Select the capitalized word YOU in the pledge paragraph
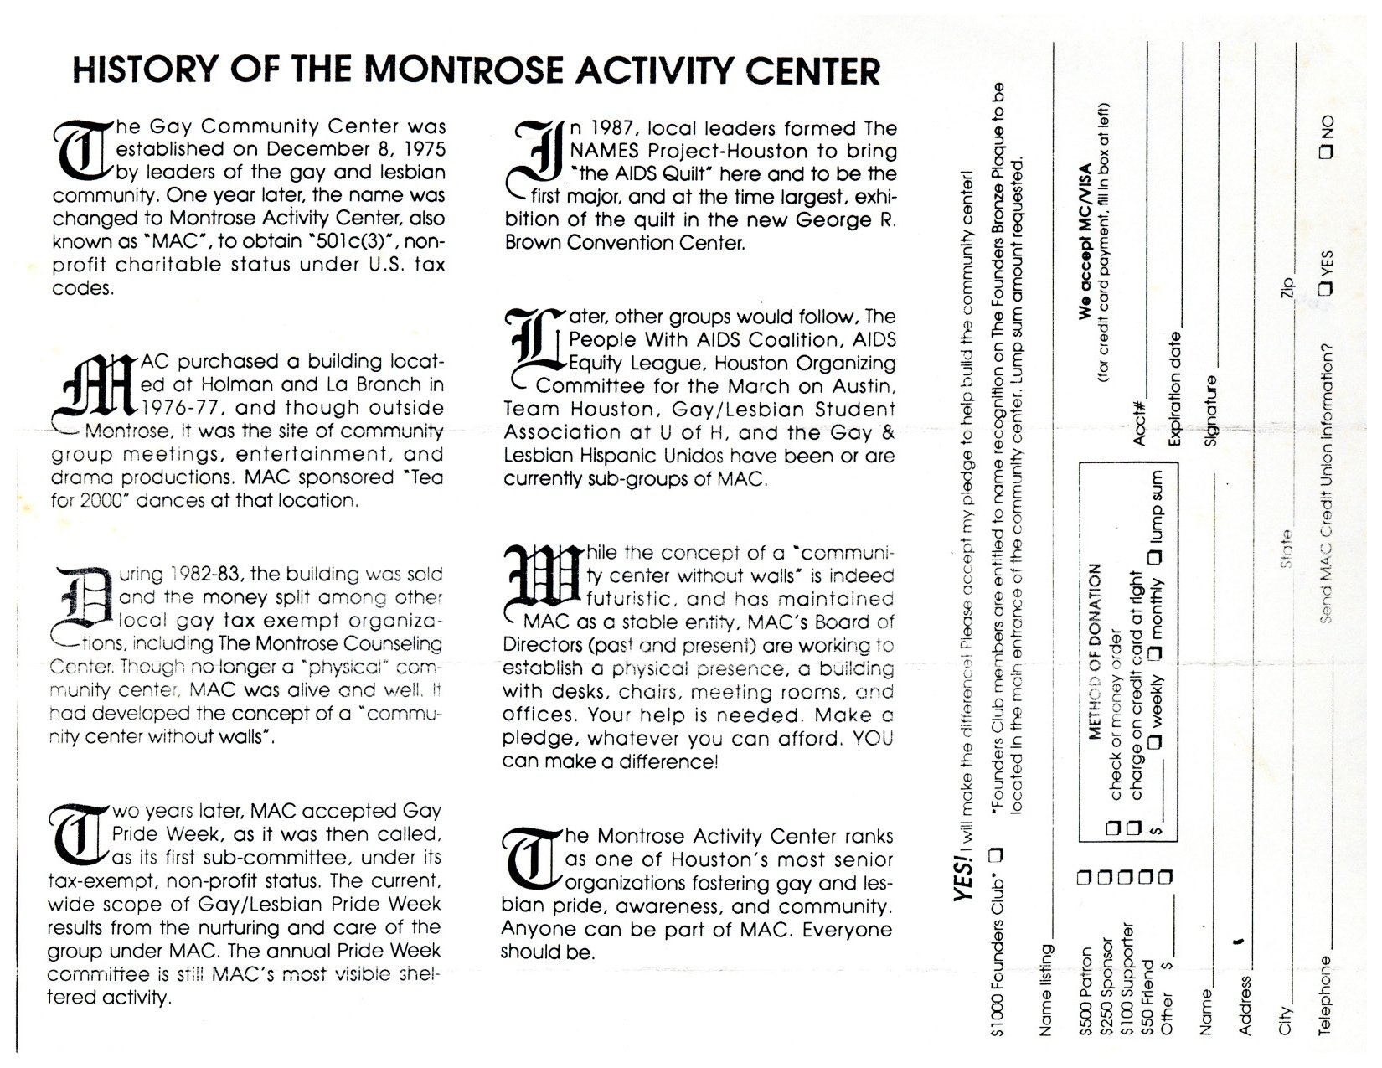click(873, 739)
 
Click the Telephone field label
click(1325, 994)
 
